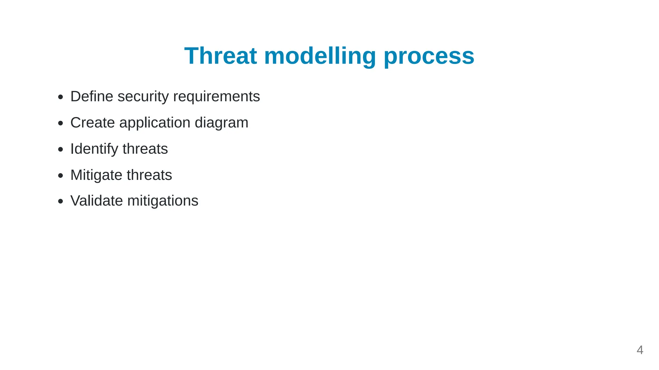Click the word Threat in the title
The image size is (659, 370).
[x=220, y=56]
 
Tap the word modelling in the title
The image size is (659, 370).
[x=320, y=56]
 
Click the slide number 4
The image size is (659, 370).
[x=640, y=350]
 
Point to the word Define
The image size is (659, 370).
[x=92, y=96]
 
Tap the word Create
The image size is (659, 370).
[x=92, y=123]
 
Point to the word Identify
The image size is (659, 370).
[x=94, y=149]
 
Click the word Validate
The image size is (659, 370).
[x=97, y=201]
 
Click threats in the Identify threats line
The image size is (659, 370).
[x=145, y=149]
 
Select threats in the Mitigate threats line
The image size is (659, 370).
[x=149, y=175]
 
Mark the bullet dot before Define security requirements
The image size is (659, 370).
[x=60, y=97]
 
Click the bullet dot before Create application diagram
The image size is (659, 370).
[x=60, y=123]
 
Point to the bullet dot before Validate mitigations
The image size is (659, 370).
[x=60, y=201]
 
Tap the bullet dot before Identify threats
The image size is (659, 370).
[x=60, y=149]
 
